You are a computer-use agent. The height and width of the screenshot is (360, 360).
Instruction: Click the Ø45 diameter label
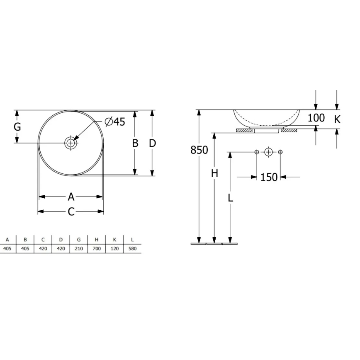click(x=114, y=122)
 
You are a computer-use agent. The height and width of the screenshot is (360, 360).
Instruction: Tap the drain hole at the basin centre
click(x=71, y=143)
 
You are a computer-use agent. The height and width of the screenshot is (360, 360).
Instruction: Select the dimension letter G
click(x=17, y=127)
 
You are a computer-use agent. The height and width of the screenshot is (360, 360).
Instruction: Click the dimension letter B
click(x=135, y=143)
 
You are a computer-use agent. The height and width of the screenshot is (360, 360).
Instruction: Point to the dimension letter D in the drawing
click(x=152, y=143)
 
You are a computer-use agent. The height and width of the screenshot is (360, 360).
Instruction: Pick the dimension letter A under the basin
click(x=71, y=197)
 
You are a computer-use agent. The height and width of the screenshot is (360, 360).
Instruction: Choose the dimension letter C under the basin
click(x=71, y=212)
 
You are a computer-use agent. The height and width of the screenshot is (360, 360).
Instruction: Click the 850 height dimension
click(x=199, y=150)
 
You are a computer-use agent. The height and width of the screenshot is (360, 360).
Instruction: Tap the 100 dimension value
click(x=316, y=118)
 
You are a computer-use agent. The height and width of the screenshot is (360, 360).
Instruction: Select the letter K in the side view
click(x=337, y=119)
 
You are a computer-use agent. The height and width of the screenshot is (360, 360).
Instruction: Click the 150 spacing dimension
click(x=269, y=178)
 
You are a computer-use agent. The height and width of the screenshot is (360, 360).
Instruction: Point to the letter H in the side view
click(x=214, y=173)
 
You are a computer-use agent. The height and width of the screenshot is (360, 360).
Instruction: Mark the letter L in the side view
click(x=230, y=198)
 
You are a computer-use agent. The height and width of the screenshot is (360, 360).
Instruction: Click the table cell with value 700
click(x=96, y=249)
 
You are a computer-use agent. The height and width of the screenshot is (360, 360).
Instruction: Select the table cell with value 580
click(x=132, y=249)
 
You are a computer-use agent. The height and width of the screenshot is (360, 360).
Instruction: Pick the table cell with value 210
click(x=78, y=249)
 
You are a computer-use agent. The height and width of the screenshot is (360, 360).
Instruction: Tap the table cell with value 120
click(x=114, y=249)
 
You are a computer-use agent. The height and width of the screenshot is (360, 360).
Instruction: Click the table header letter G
click(x=78, y=240)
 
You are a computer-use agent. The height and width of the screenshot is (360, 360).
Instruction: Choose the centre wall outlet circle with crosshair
click(x=268, y=152)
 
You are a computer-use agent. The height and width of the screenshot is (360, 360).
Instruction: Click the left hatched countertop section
click(x=245, y=131)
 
